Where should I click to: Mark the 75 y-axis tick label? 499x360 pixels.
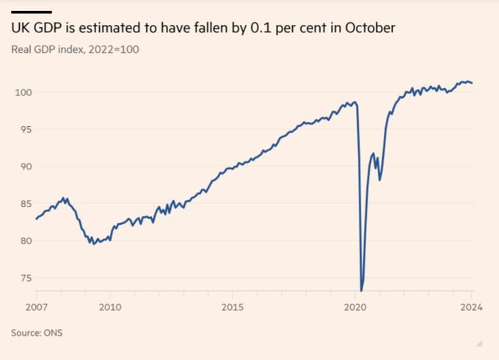23,278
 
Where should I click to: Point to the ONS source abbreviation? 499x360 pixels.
52,333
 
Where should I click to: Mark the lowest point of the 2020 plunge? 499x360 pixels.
362,290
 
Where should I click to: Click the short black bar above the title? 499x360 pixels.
31,12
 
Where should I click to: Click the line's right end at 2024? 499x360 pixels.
472,83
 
